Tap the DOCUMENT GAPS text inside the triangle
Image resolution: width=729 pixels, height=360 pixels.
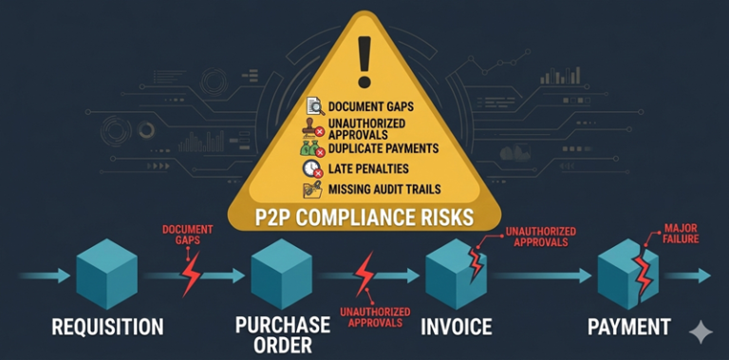tap(371, 107)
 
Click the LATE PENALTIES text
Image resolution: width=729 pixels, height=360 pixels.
tap(369, 169)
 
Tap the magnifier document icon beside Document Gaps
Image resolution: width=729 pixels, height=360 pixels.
tap(314, 107)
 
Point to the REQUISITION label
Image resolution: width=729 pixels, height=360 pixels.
tap(107, 328)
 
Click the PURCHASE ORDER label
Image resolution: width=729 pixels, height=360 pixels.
tap(282, 335)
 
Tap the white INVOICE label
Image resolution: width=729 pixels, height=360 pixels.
tap(457, 328)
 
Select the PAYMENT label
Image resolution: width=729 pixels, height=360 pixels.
tap(629, 328)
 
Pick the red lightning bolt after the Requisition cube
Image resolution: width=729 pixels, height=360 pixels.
tap(192, 277)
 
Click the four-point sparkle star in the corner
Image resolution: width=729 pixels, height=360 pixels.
tap(701, 332)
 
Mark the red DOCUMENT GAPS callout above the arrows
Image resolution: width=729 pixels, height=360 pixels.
tap(187, 236)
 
